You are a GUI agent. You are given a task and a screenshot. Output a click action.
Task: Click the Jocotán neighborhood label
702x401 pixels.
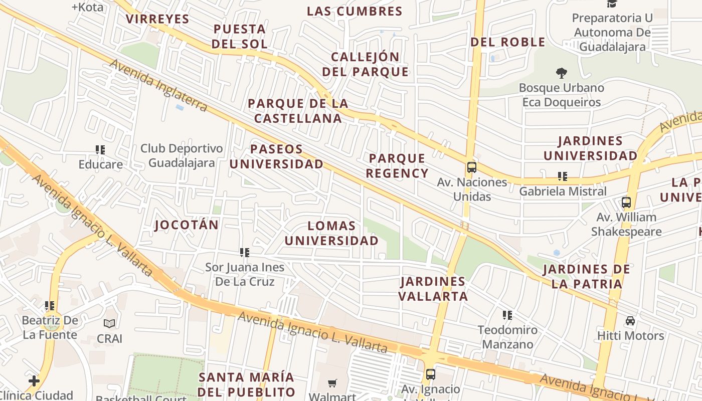(x=187, y=225)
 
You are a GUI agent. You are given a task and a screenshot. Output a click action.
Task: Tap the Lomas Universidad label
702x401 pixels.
(x=331, y=234)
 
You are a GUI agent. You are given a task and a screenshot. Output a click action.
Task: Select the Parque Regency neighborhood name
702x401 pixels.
(x=397, y=166)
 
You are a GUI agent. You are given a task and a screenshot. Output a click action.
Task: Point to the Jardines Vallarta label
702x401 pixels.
(x=433, y=289)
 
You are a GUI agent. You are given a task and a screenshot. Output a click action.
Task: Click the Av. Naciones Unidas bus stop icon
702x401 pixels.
(x=471, y=167)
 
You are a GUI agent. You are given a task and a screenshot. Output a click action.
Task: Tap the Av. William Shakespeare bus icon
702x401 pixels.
(x=626, y=203)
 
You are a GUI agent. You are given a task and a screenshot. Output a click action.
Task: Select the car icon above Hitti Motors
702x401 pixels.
(x=630, y=320)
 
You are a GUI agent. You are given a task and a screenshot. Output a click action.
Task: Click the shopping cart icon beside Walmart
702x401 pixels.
(x=332, y=383)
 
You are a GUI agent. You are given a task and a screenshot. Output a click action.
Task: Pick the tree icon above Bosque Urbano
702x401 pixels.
(x=561, y=73)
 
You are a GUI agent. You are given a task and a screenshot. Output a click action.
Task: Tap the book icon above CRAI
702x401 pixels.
(x=109, y=324)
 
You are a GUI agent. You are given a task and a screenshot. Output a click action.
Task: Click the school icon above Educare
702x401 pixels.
(x=100, y=149)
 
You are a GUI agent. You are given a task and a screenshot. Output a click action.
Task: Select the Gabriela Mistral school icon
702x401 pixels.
(x=563, y=176)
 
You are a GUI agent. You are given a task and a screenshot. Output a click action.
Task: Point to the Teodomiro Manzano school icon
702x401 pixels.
(x=507, y=315)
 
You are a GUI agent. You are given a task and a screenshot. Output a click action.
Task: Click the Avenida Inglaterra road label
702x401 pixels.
(x=158, y=86)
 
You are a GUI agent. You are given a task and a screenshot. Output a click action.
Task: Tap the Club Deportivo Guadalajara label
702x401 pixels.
(x=182, y=156)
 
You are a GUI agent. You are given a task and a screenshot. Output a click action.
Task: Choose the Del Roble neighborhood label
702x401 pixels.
(x=507, y=42)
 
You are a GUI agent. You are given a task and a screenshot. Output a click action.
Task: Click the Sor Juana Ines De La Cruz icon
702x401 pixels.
(x=245, y=252)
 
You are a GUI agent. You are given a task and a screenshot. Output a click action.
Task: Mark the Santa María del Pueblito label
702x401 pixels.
(x=246, y=384)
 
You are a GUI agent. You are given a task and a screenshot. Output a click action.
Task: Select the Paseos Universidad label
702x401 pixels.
(x=276, y=156)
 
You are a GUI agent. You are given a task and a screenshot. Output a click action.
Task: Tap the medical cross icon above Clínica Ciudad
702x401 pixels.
(x=34, y=381)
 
